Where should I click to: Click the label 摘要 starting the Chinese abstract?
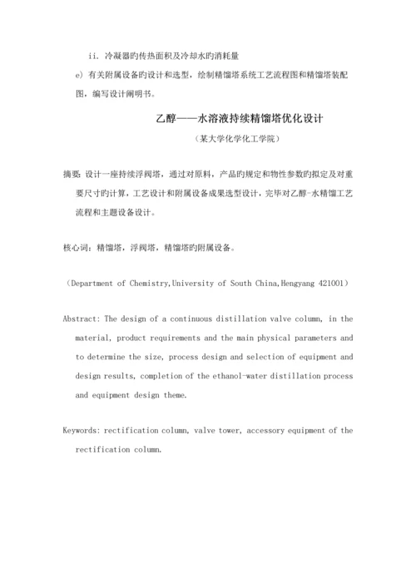[x=72, y=175]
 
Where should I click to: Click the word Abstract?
[x=82, y=319]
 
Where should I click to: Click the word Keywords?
[x=82, y=431]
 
